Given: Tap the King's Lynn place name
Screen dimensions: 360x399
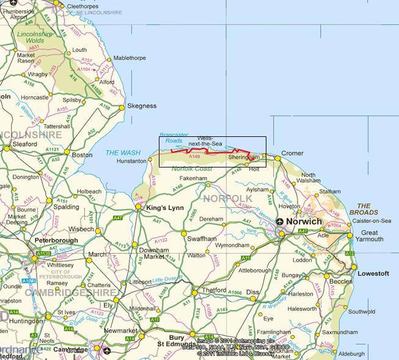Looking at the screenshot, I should point(164,209).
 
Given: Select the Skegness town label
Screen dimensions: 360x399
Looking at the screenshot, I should point(142,106).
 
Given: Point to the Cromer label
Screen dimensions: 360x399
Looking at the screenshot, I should point(292,153).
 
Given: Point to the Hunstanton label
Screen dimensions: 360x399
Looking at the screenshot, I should point(131,161).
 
